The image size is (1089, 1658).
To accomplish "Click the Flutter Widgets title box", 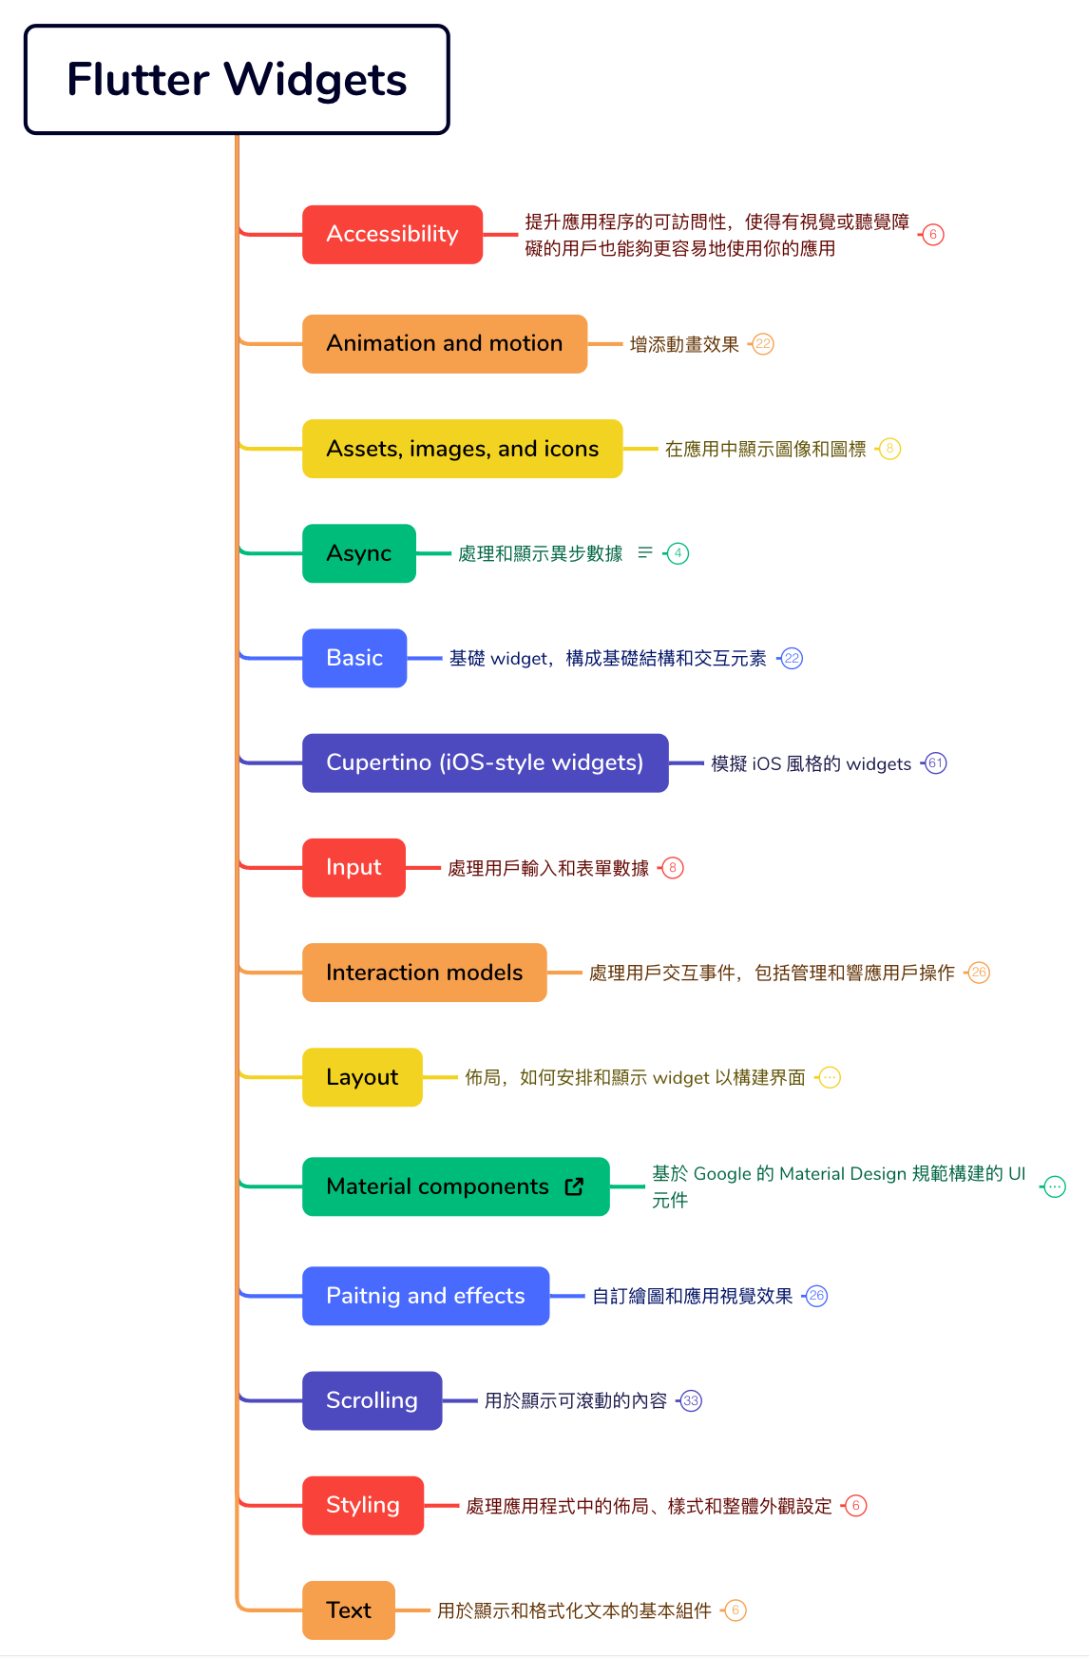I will pos(237,80).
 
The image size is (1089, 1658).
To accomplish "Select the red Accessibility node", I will pos(392,234).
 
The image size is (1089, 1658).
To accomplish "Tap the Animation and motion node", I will pos(444,343).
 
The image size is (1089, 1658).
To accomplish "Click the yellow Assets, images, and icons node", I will pos(462,449).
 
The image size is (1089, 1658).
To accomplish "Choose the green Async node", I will pos(358,553).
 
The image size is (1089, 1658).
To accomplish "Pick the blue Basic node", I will pos(353,658).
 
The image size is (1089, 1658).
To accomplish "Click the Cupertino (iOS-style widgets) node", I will pos(485,762).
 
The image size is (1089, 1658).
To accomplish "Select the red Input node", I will pos(353,867).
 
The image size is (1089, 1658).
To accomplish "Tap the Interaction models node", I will pos(424,973).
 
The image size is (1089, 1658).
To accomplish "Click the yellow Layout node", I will pos(361,1077).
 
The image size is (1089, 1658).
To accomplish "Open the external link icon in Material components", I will pos(574,1186).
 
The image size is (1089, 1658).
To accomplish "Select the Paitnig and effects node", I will pos(425,1296).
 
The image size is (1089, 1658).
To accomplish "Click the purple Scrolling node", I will pos(372,1400).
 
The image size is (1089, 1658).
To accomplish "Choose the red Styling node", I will pos(362,1505).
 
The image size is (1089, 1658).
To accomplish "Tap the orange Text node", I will pos(348,1610).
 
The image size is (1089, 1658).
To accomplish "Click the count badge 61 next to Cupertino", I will pos(936,763).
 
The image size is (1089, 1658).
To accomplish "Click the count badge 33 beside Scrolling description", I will pos(691,1401).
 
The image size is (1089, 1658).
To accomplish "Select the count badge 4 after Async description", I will pos(678,553).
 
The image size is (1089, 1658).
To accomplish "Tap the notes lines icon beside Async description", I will pos(645,552).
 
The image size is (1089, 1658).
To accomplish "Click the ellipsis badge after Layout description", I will pos(830,1078).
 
